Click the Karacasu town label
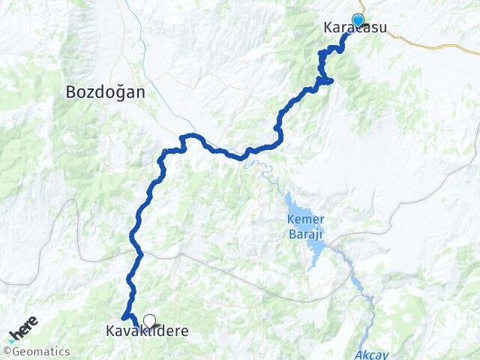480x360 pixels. coord(355,28)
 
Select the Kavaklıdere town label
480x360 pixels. coord(146,330)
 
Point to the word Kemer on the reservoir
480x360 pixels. coord(305,219)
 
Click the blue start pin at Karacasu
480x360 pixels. coord(358,21)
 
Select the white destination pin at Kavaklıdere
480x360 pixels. coord(149,321)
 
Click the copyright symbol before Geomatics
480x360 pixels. coord(7,352)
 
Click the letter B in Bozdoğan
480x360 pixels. coord(71,93)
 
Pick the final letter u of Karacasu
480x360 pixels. coord(382,28)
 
